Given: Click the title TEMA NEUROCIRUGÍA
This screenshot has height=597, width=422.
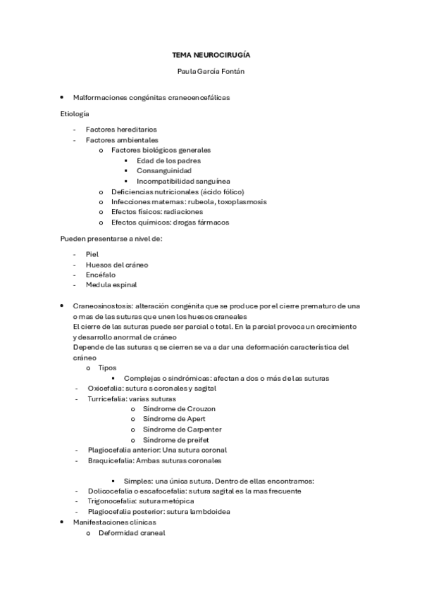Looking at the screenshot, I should click(211, 54).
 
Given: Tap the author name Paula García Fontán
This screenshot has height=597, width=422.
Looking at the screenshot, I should click(211, 71).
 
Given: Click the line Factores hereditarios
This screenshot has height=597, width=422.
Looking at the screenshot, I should click(121, 130).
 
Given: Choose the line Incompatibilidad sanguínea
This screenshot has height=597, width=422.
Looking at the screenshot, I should click(183, 181).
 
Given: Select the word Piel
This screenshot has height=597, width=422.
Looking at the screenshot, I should click(92, 254).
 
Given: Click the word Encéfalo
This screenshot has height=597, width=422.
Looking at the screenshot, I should click(101, 275).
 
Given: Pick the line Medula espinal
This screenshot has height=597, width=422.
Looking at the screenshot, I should click(111, 285).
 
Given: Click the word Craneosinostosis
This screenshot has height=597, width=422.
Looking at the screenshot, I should click(102, 306).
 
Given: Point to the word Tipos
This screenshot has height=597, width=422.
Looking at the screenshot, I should click(108, 367).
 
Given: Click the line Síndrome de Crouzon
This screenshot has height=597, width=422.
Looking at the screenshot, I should click(179, 409).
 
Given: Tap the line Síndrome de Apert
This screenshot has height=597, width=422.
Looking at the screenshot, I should click(174, 419).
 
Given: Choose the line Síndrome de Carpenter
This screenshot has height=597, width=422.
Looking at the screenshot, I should click(182, 429).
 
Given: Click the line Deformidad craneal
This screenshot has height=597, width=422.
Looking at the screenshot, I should click(132, 533).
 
